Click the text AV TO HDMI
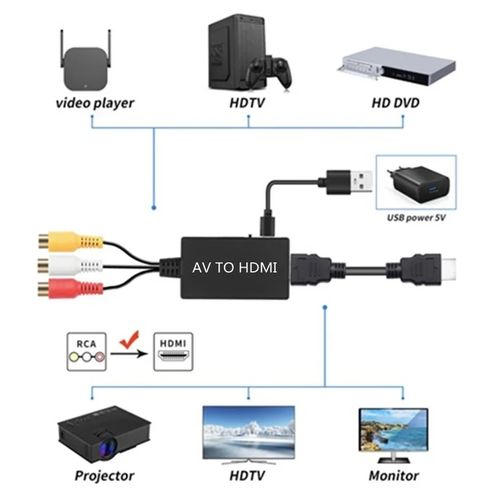pyautogui.click(x=235, y=268)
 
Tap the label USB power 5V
pyautogui.click(x=416, y=218)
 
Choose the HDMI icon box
pyautogui.click(x=173, y=352)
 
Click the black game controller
pyautogui.click(x=268, y=72)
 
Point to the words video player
pyautogui.click(x=95, y=103)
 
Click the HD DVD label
pyautogui.click(x=396, y=103)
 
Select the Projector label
pyautogui.click(x=104, y=475)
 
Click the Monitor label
pyautogui.click(x=394, y=475)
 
